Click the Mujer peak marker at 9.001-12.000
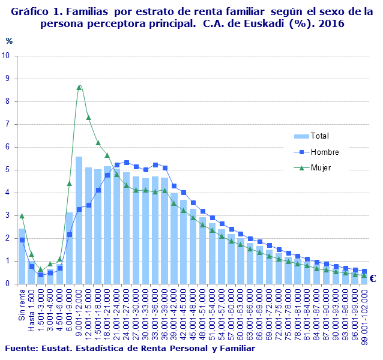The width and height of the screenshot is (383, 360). click(79, 87)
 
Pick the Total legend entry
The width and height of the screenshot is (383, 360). click(320, 136)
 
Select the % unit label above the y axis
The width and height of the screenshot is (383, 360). click(9, 41)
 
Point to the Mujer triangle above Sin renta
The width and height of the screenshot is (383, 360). click(22, 215)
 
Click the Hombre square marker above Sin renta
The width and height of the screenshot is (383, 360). click(22, 240)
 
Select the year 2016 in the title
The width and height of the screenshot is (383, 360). click(332, 23)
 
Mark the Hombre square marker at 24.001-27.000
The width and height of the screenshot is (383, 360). click(126, 163)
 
